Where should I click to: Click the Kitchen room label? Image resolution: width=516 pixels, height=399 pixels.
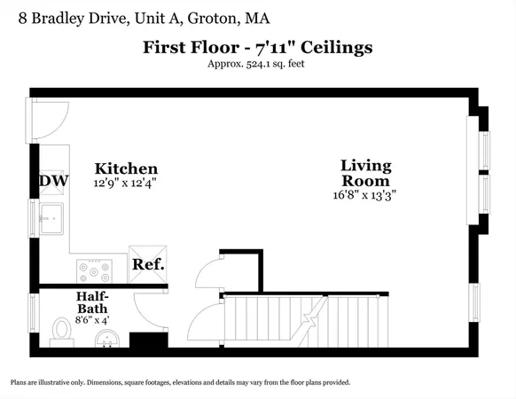point(127,168)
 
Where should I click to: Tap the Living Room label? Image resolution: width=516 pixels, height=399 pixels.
point(366,173)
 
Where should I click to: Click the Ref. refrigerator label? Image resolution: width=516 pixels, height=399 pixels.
point(148,264)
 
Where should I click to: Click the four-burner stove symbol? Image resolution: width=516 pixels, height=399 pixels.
point(92,268)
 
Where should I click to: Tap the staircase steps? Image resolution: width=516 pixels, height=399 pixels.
point(306,321)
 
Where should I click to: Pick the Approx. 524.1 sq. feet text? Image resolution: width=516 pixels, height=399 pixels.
point(258,64)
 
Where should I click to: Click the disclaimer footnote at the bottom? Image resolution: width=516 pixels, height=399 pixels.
point(180,382)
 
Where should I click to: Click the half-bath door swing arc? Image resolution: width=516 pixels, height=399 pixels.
point(140,307)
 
